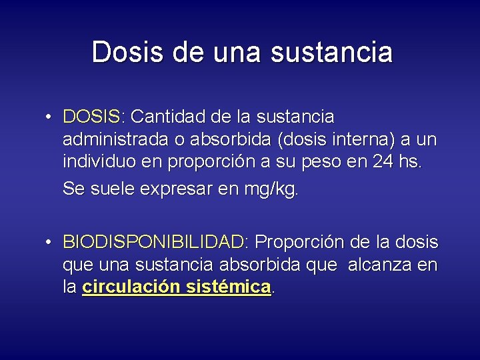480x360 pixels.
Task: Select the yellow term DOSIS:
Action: click(93, 117)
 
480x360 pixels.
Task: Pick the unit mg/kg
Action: click(272, 190)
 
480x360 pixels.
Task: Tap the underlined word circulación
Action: click(131, 287)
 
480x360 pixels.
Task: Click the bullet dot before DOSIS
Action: click(50, 118)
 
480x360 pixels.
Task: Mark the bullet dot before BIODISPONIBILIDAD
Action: click(50, 242)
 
